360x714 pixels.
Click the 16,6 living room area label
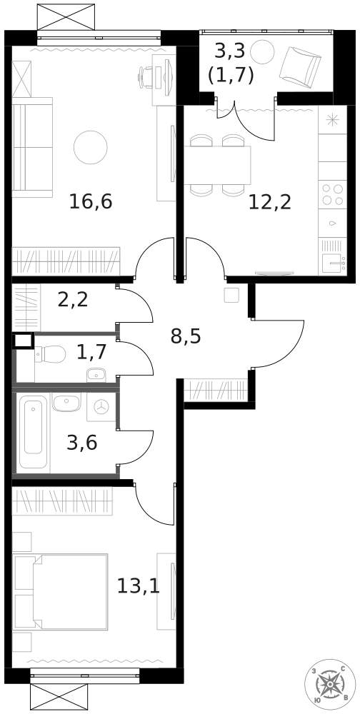[91, 202]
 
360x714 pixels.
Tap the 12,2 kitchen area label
[270, 202]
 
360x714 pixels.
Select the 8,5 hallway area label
[185, 336]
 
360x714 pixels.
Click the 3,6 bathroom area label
[81, 443]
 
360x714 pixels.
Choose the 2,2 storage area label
[72, 299]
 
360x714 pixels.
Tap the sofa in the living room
[32, 147]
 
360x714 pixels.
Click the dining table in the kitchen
[219, 165]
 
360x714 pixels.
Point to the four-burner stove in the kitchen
[331, 195]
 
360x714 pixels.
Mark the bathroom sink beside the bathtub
[66, 403]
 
